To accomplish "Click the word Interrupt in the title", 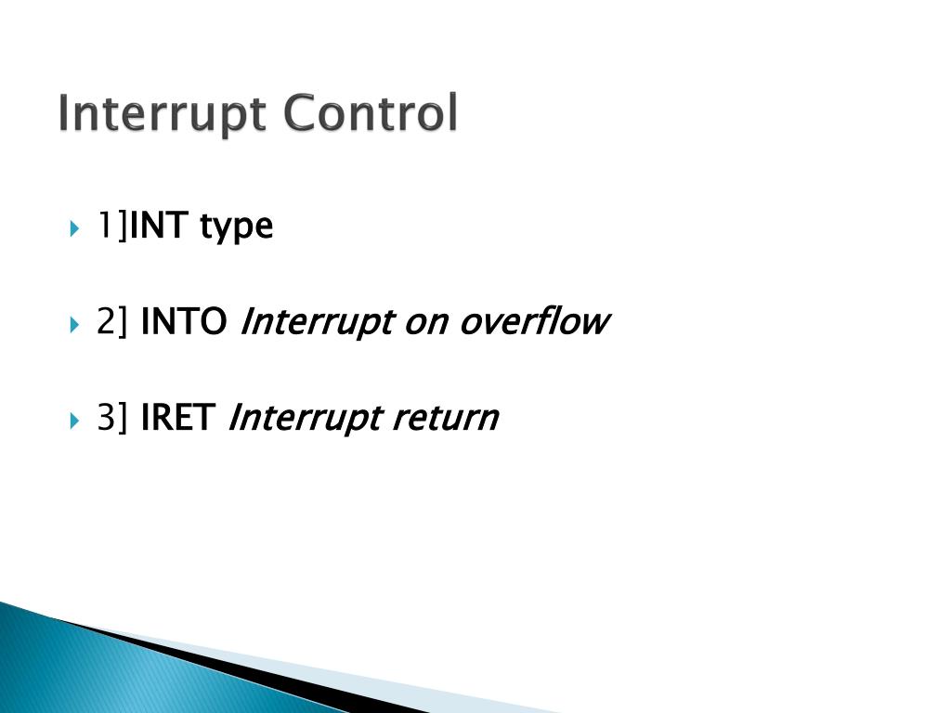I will pos(163,115).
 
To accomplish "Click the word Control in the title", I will pos(371,113).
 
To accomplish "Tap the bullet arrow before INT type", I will pos(75,227).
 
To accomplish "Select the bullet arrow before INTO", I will pos(75,325).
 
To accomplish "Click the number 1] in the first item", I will pos(111,226).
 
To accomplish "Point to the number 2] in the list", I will pos(112,323).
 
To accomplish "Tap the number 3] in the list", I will pos(112,420).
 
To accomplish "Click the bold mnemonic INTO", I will pos(184,323).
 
